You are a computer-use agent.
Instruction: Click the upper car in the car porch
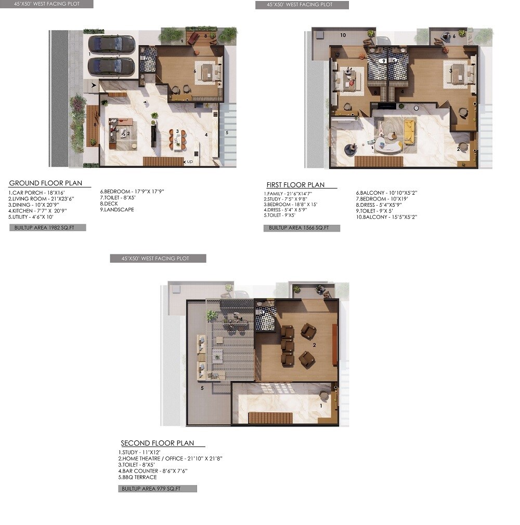click(x=111, y=44)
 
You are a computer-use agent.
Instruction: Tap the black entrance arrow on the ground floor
click(x=94, y=84)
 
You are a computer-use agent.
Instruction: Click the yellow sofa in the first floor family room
click(x=410, y=132)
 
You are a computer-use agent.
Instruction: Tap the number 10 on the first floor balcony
click(x=343, y=35)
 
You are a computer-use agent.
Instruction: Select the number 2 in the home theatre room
click(x=314, y=344)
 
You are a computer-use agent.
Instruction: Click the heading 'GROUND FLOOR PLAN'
click(x=46, y=183)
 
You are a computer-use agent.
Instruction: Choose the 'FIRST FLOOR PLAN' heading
click(x=295, y=185)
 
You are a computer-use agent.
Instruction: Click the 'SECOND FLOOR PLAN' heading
click(x=158, y=443)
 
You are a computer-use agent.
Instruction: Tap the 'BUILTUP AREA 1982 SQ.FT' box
click(x=47, y=227)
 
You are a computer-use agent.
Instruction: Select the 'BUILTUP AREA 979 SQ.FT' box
click(x=157, y=489)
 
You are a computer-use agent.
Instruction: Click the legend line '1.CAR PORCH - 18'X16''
click(x=35, y=193)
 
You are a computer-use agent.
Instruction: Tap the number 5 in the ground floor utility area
click(x=227, y=132)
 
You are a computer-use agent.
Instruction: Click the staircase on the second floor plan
click(x=266, y=418)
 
